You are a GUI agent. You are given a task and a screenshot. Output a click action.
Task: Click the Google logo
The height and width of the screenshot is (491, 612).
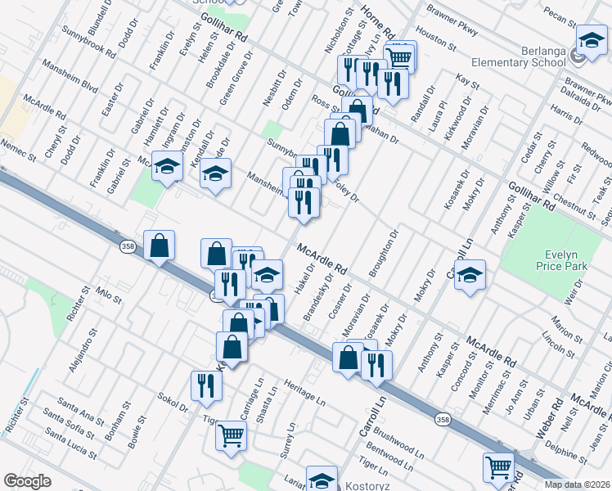tap(27, 481)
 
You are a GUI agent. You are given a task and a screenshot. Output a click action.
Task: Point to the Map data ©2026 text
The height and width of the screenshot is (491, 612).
tap(577, 484)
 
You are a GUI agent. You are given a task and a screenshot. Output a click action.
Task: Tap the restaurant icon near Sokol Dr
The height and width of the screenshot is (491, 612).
tap(205, 385)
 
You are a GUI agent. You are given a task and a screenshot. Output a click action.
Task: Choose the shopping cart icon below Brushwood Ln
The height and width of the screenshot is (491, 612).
tap(498, 467)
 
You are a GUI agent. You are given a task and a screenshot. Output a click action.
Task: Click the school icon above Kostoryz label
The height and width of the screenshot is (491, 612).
tap(322, 479)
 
